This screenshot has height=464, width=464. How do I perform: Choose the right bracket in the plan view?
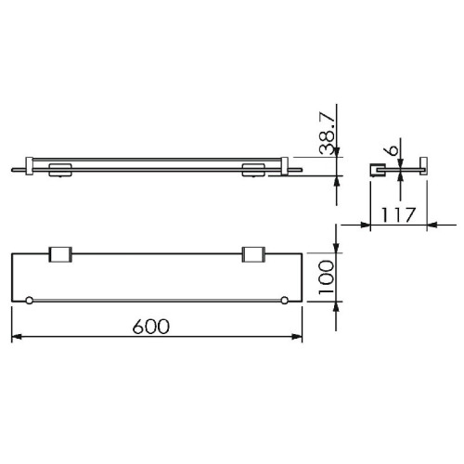(x=252, y=255)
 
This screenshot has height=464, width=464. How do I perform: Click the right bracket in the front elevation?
(x=252, y=169)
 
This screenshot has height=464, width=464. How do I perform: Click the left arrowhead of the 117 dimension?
(x=373, y=224)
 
